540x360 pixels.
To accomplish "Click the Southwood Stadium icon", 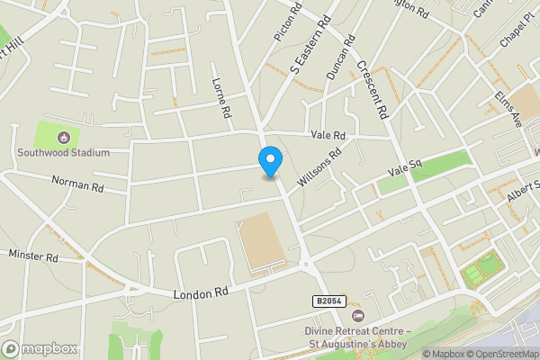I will pyautogui.click(x=63, y=138).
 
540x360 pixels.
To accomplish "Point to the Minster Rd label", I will pyautogui.click(x=33, y=256).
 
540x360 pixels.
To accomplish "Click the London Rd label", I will pyautogui.click(x=202, y=293).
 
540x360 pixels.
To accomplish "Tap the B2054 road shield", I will pyautogui.click(x=329, y=301).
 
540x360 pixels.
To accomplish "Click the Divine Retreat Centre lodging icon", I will pyautogui.click(x=359, y=316).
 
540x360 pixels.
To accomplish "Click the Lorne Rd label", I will pyautogui.click(x=222, y=98).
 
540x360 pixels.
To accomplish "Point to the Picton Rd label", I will pyautogui.click(x=284, y=25).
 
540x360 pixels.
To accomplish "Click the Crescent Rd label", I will pyautogui.click(x=370, y=91).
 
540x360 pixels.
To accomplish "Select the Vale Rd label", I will pyautogui.click(x=328, y=136).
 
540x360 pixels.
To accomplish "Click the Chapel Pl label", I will pyautogui.click(x=517, y=37).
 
